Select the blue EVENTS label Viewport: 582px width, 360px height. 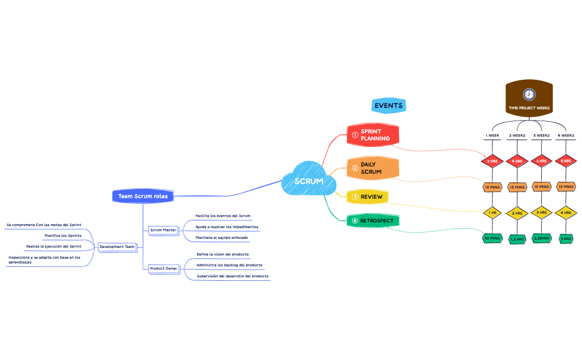tap(388, 105)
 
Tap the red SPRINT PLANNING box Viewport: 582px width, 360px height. tap(374, 135)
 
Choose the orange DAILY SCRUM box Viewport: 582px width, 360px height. tap(374, 168)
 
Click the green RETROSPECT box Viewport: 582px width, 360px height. tap(373, 221)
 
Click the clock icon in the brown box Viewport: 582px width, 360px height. tap(529, 94)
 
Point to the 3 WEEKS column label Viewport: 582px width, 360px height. tap(541, 136)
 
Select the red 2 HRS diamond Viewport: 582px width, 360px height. tap(492, 161)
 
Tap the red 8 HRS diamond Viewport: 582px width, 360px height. tap(566, 161)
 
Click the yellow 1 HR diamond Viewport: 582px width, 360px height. tap(492, 213)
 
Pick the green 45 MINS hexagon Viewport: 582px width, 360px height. tap(492, 238)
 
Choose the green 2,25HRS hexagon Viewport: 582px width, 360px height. tap(541, 239)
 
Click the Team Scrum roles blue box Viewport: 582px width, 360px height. tap(143, 196)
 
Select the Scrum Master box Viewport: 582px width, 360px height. tap(163, 230)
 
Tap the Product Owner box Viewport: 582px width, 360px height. tap(163, 268)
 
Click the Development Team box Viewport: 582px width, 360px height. tap(117, 247)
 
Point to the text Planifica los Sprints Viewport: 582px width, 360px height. tap(63, 235)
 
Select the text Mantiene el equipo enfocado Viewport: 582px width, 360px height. tap(221, 237)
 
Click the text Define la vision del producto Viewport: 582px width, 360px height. tap(222, 255)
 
